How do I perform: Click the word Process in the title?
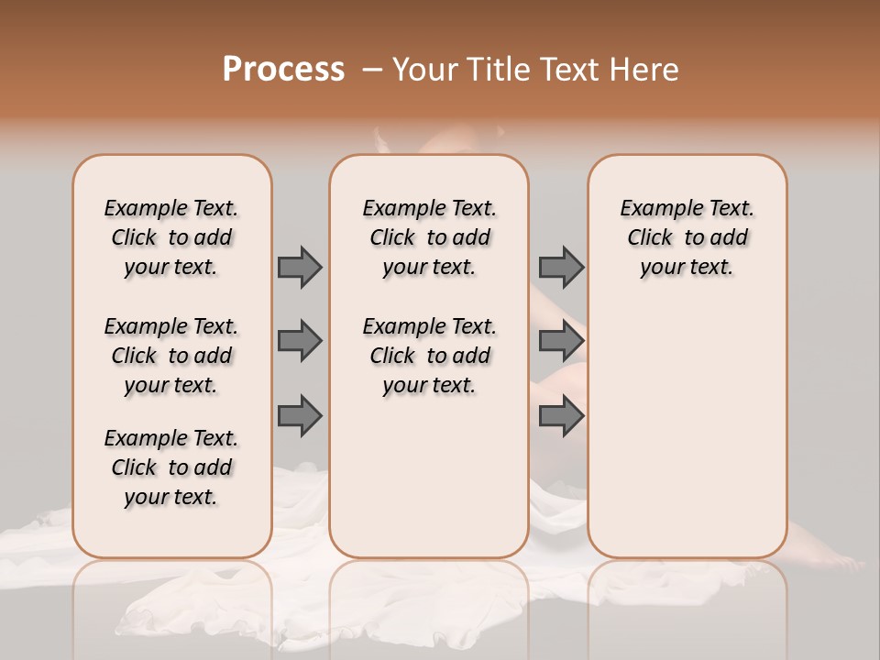click(x=283, y=70)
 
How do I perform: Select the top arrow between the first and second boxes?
click(x=300, y=267)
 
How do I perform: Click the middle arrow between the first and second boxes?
click(x=300, y=341)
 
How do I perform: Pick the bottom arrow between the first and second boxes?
click(x=300, y=415)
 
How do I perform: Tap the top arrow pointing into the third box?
click(x=561, y=267)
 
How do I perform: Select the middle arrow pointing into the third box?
click(x=561, y=341)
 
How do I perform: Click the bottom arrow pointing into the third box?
click(x=561, y=415)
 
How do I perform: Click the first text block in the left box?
click(x=171, y=237)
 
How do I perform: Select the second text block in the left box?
click(x=171, y=356)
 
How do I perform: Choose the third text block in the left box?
click(x=171, y=467)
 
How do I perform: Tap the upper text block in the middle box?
click(x=429, y=237)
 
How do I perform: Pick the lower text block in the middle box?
click(x=429, y=356)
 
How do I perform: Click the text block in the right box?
click(x=687, y=237)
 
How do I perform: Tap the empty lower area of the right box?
click(x=687, y=431)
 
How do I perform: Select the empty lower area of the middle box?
click(x=429, y=477)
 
